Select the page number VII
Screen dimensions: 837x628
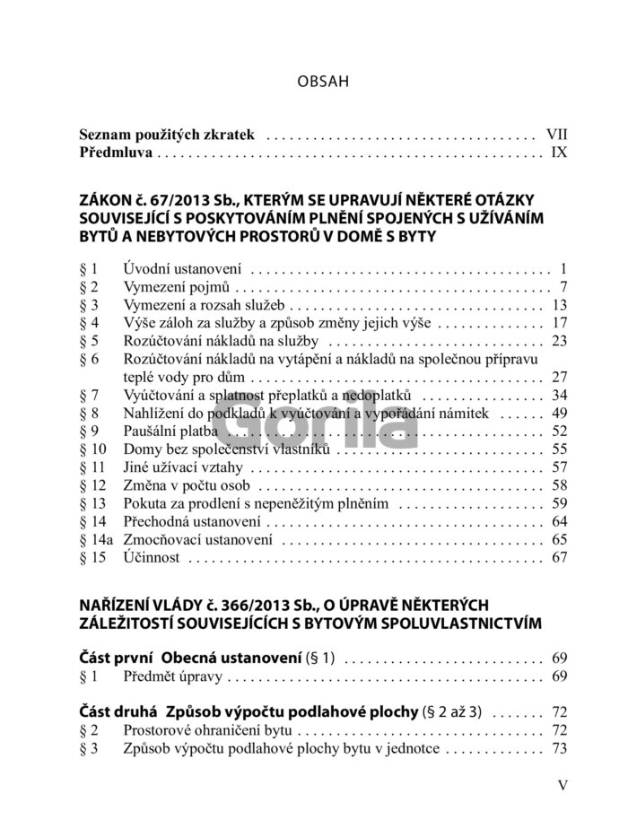[556, 135]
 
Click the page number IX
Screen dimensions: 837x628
[559, 153]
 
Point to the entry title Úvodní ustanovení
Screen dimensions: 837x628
[183, 268]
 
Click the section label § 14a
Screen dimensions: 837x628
[95, 539]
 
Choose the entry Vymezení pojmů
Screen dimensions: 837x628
[178, 287]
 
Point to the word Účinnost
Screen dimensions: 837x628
[152, 557]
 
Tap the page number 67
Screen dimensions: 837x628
[560, 557]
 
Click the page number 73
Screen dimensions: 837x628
[560, 749]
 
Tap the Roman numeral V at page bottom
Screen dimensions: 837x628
[563, 786]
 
